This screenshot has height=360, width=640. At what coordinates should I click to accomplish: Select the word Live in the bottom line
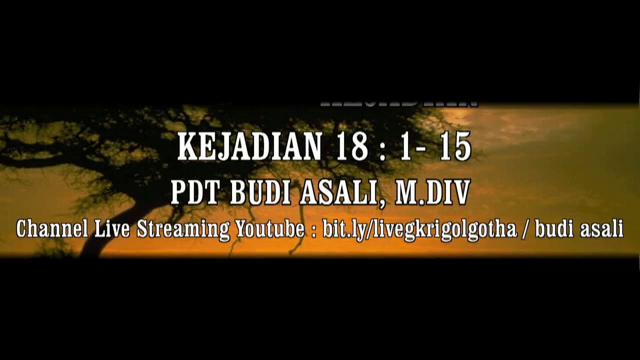(x=112, y=229)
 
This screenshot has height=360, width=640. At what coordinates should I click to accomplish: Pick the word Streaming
(x=183, y=229)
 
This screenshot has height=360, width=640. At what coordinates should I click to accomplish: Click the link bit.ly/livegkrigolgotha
(x=419, y=229)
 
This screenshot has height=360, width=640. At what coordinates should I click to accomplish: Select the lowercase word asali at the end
(x=602, y=229)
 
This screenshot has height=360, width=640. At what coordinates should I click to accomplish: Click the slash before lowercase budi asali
(x=525, y=229)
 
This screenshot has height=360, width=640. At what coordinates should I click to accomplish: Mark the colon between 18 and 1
(x=383, y=148)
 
